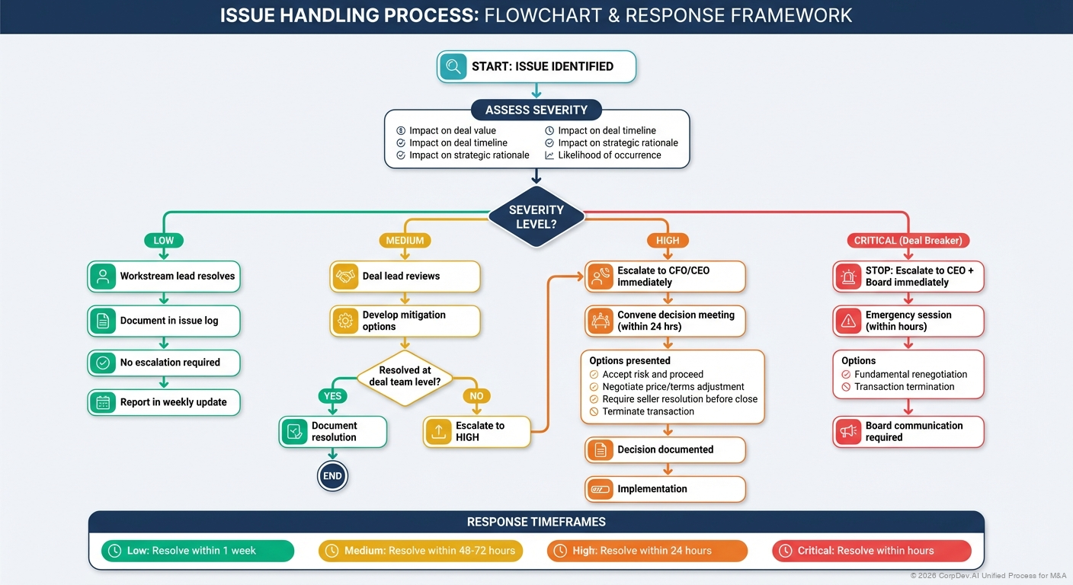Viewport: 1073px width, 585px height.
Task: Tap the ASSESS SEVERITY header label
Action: point(536,110)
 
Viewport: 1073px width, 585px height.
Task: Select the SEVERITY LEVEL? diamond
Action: point(536,216)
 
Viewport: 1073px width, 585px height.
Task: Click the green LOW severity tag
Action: point(164,240)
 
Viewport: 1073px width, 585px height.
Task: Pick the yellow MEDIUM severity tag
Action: point(405,240)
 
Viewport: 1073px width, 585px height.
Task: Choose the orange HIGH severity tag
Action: point(668,240)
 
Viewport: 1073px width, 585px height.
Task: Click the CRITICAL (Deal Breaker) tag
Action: point(908,240)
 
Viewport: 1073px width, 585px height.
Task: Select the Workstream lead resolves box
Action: point(164,277)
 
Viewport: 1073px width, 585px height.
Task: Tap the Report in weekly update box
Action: point(164,402)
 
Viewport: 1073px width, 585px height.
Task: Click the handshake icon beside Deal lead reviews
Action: point(345,277)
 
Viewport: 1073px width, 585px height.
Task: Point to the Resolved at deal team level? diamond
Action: point(405,376)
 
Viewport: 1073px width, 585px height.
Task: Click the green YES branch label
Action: point(333,396)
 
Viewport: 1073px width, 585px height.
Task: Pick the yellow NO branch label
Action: point(476,396)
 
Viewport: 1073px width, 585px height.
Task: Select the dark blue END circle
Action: point(333,477)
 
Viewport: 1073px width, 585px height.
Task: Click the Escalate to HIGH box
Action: point(476,432)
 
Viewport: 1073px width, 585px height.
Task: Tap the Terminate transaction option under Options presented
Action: point(648,411)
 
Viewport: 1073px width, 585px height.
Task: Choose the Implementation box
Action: point(665,489)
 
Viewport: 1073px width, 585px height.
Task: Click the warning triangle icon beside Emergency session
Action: point(847,321)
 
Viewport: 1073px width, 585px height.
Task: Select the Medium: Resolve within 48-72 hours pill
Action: point(420,551)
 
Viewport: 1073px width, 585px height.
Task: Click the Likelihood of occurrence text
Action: point(609,155)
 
